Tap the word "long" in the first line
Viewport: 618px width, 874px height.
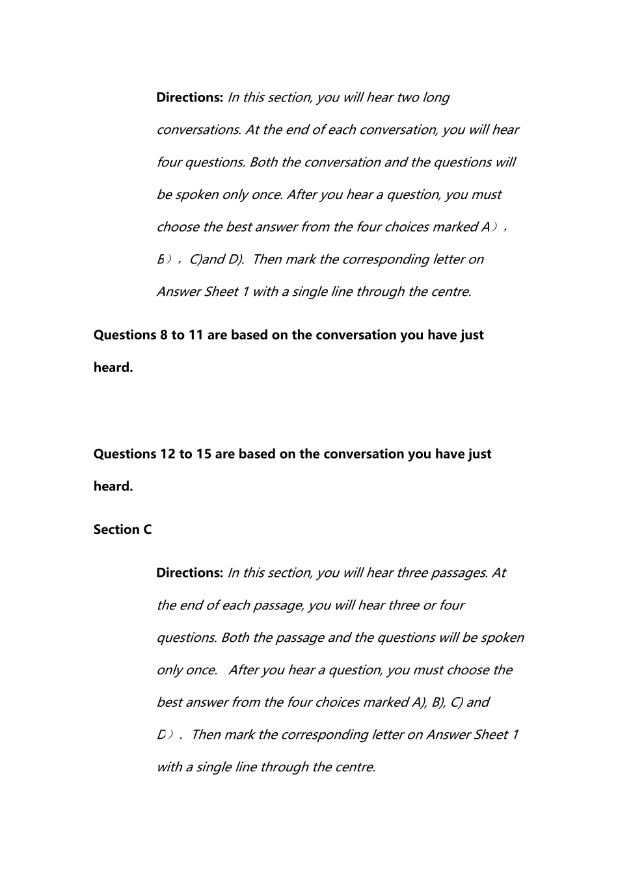pyautogui.click(x=436, y=98)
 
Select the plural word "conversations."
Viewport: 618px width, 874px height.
pyautogui.click(x=199, y=130)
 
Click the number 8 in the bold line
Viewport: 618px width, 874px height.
pyautogui.click(x=163, y=336)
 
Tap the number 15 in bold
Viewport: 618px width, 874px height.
pyautogui.click(x=204, y=455)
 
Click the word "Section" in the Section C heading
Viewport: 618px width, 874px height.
pyautogui.click(x=116, y=530)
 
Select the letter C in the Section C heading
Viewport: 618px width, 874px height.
pyautogui.click(x=148, y=530)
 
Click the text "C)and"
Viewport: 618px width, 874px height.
pyautogui.click(x=206, y=259)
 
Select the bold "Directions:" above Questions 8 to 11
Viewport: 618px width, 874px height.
pyautogui.click(x=189, y=98)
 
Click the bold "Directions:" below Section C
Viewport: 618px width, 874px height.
pyautogui.click(x=189, y=573)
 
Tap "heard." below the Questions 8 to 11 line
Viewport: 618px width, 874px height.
pyautogui.click(x=113, y=368)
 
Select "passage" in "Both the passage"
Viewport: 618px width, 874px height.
pyautogui.click(x=299, y=638)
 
